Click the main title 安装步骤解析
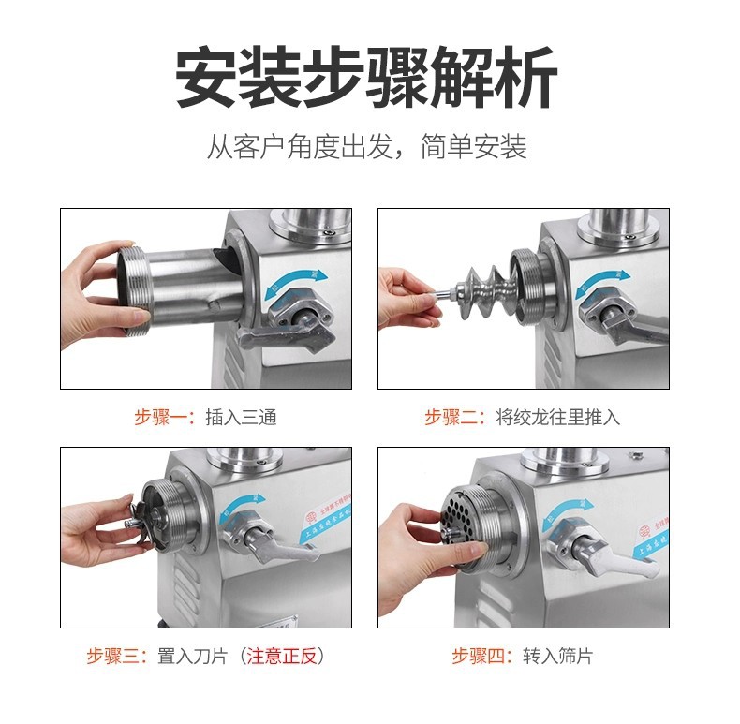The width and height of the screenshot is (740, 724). point(367,78)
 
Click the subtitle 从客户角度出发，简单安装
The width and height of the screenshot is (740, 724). point(367,147)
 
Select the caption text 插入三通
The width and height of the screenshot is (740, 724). point(241,418)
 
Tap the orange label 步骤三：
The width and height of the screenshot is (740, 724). point(118,657)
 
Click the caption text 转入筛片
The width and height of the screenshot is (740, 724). point(558,657)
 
